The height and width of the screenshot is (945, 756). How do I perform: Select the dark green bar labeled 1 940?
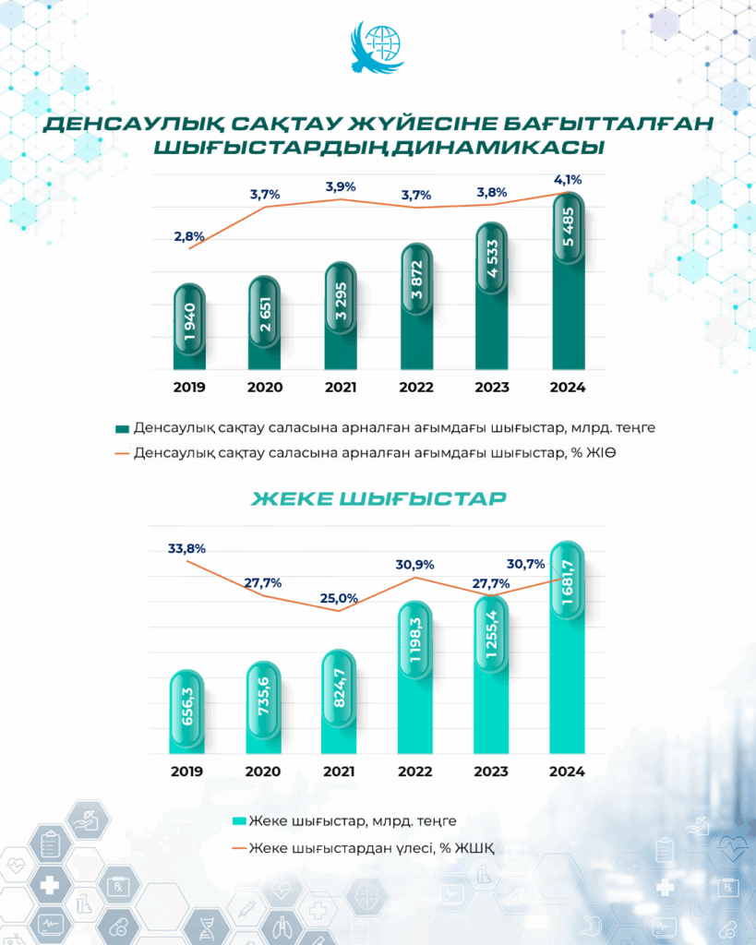coord(190,328)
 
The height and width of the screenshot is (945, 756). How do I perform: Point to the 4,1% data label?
coord(568,180)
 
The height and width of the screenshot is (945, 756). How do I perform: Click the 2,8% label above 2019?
coord(189,237)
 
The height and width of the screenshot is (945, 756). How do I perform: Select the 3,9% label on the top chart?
coord(342,187)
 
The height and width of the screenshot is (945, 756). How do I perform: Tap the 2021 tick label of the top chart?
coord(341,388)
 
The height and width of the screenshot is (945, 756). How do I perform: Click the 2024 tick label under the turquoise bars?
coord(567,772)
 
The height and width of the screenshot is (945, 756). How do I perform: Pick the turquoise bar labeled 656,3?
coord(189,711)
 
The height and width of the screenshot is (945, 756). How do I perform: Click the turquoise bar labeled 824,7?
coord(340,701)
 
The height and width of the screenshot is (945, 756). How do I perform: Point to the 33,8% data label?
coord(187,548)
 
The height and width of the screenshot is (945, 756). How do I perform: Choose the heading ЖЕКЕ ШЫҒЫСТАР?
coord(378,499)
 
